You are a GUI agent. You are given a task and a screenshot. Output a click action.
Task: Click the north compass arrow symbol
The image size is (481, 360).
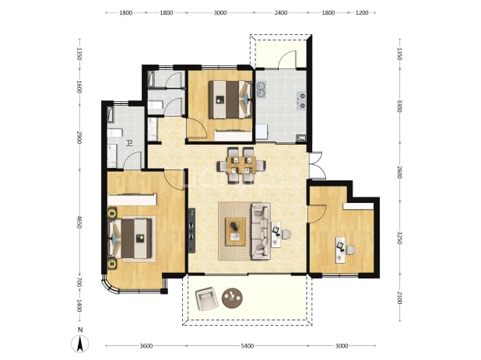[79, 344]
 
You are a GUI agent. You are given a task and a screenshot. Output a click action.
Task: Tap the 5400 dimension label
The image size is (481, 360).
[248, 346]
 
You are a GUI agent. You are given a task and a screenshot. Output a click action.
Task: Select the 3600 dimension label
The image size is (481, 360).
[146, 346]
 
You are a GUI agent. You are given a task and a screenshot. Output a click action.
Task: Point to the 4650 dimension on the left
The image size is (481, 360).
[79, 222]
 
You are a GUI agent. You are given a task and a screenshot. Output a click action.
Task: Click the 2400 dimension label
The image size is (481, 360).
[281, 12]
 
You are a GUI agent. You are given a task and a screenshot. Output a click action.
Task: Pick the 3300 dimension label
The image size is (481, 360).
[399, 106]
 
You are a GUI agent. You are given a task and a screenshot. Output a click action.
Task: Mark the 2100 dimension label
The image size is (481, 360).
[399, 298]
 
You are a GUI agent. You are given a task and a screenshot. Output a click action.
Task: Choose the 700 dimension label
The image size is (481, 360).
[79, 282]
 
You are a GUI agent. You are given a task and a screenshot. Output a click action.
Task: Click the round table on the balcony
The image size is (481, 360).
[232, 298]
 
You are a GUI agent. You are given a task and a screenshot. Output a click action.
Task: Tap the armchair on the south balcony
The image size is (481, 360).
[207, 299]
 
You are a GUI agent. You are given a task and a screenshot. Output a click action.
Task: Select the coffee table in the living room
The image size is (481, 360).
[235, 232]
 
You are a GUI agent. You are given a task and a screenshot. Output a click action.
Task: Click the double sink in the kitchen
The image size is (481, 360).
[261, 89]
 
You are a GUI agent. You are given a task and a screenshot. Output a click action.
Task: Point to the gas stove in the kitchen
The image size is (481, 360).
[301, 101]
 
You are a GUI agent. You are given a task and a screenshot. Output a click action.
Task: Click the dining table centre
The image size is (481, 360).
[241, 166]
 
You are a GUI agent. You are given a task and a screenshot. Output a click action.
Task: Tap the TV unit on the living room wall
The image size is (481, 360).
[191, 230]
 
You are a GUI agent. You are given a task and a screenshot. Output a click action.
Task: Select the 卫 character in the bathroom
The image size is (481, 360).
[130, 143]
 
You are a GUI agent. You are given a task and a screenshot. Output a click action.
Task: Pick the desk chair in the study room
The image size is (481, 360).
[351, 250]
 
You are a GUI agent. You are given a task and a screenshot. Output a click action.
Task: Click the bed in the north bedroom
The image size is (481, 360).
[230, 100]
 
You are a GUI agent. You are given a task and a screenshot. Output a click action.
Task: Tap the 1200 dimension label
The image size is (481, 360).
[362, 12]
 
